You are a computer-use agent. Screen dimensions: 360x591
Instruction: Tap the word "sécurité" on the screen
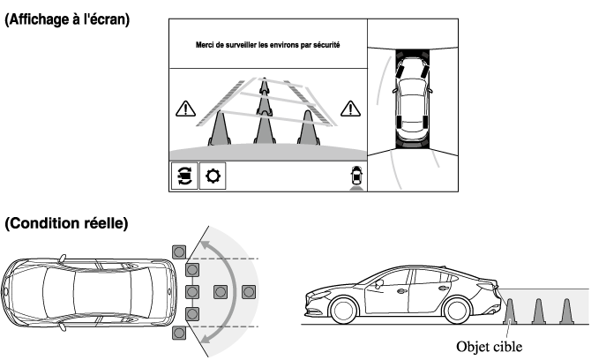pyautogui.click(x=325, y=44)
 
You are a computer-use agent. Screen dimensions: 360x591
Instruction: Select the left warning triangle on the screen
pyautogui.click(x=186, y=109)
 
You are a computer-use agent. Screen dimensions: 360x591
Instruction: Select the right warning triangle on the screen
pyautogui.click(x=350, y=109)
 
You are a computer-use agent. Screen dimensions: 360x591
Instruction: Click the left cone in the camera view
pyautogui.click(x=218, y=129)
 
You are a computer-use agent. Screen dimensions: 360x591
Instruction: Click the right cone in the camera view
pyautogui.click(x=308, y=127)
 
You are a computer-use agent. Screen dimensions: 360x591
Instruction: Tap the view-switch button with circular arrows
pyautogui.click(x=183, y=176)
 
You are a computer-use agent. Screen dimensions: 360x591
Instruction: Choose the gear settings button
pyautogui.click(x=213, y=176)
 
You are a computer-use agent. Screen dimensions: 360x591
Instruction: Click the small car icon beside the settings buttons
pyautogui.click(x=355, y=175)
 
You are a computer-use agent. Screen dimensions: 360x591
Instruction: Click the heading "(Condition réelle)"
pyautogui.click(x=67, y=225)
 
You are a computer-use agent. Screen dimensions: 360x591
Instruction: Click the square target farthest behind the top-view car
pyautogui.click(x=250, y=291)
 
